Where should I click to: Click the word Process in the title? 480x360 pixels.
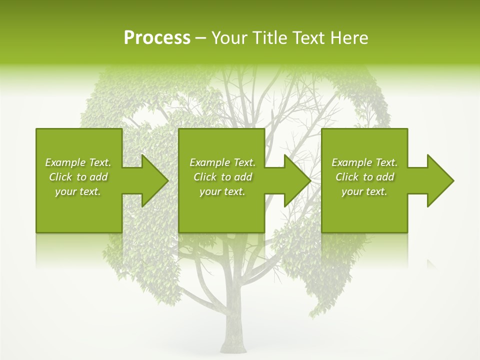coord(157,38)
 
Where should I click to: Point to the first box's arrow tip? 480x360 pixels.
coord(167,180)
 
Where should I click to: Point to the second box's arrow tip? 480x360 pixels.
coord(310,180)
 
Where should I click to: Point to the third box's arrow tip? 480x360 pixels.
coord(452,180)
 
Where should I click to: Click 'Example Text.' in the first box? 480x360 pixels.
coord(78,162)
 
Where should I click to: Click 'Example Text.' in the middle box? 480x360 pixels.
coord(222,162)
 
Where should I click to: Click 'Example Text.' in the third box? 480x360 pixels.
coord(364,162)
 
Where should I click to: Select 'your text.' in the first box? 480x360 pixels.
coord(78,191)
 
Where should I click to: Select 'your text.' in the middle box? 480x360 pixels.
coord(222,191)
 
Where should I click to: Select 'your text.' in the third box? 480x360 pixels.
coord(364,191)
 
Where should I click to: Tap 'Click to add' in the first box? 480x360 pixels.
coord(78,177)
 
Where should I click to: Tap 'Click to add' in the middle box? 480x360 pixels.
coord(222,177)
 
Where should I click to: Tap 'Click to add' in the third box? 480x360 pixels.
coord(364,177)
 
